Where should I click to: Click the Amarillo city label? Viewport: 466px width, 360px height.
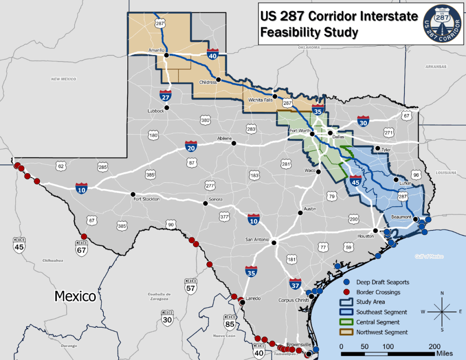coord(156,50)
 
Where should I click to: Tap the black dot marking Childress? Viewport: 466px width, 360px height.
coord(219,80)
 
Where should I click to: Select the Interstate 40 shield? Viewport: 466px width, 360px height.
coord(212,54)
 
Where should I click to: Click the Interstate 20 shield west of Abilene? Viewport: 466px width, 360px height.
coord(191,146)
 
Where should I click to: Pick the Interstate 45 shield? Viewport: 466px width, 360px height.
coord(356,182)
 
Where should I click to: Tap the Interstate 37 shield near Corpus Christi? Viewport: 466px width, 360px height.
coord(295,285)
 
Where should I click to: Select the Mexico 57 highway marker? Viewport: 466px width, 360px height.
coord(190,286)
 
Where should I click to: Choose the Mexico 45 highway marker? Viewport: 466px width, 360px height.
coord(19,245)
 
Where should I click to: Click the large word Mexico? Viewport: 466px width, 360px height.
coord(75,296)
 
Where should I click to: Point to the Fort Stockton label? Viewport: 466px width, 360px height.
coord(147,199)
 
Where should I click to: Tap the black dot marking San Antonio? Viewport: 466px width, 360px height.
coord(274,243)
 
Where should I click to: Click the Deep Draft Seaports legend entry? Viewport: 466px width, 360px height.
coord(382,282)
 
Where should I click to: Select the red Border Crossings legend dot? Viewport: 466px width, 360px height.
coord(347,292)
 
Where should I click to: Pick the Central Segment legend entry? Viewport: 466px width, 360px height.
coord(377,322)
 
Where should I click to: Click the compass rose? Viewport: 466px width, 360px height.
coord(442,311)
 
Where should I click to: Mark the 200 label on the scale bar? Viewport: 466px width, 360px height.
coord(435,346)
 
